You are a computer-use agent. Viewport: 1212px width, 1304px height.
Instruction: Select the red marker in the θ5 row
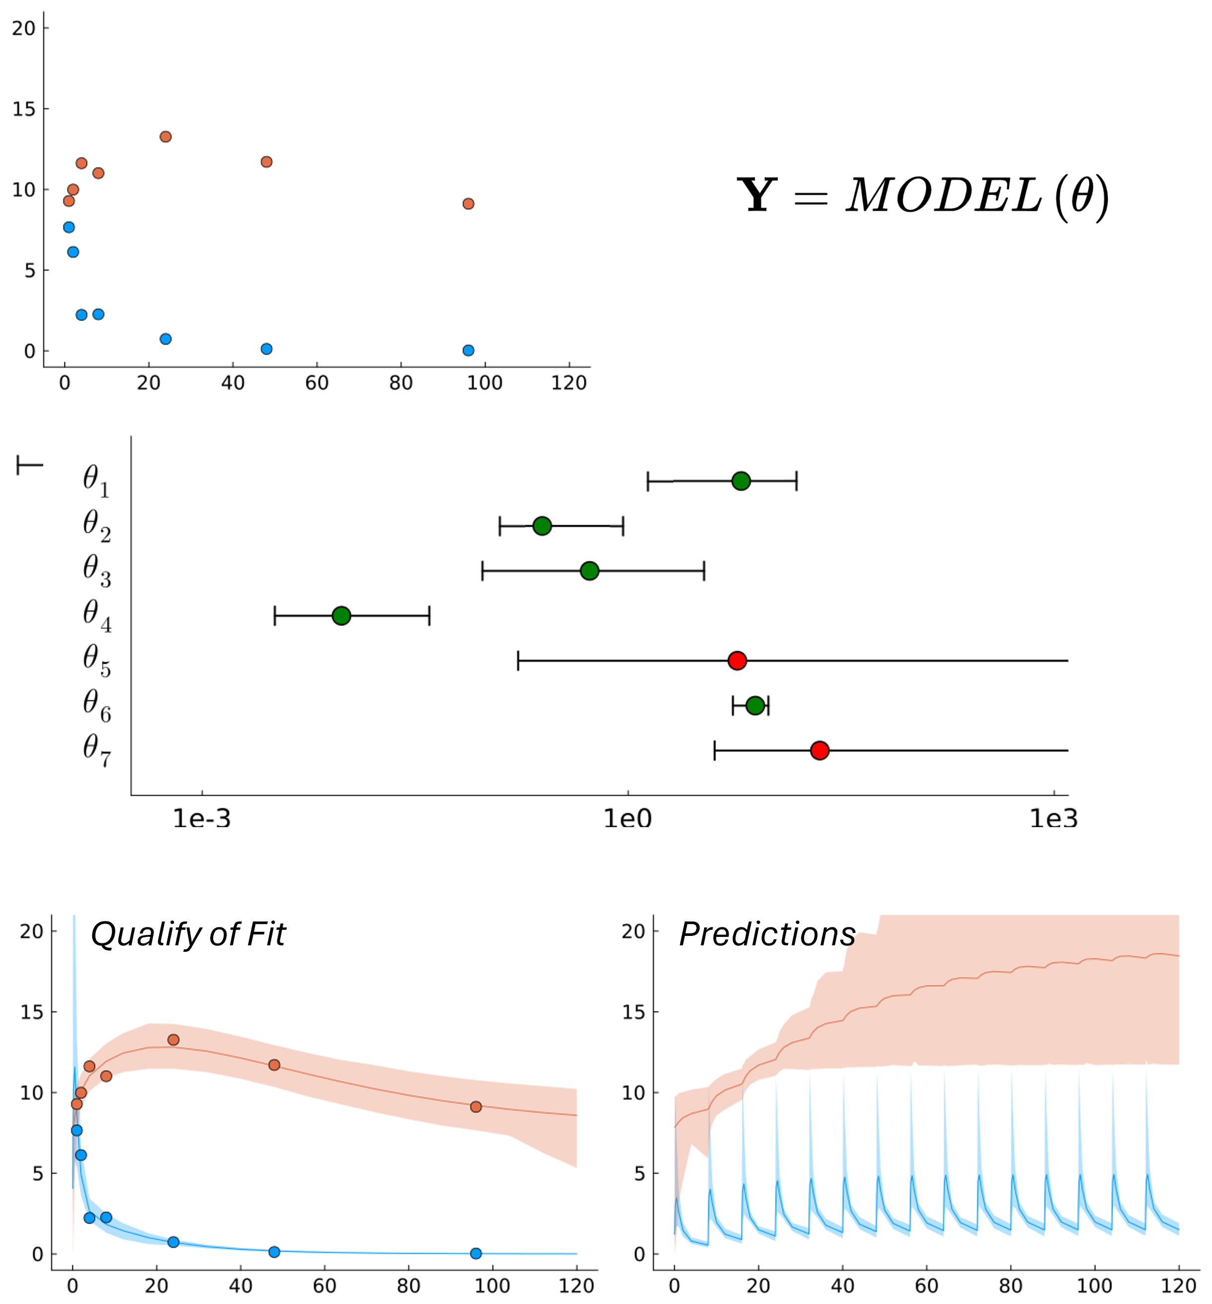click(x=737, y=660)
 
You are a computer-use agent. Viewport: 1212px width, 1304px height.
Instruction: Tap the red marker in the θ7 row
click(x=819, y=750)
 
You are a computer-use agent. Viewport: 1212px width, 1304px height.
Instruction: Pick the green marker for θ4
click(x=341, y=615)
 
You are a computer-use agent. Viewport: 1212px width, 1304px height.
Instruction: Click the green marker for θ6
click(x=755, y=705)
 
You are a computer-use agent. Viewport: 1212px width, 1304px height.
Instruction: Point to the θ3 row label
click(x=96, y=570)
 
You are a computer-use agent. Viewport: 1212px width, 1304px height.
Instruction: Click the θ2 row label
click(x=96, y=526)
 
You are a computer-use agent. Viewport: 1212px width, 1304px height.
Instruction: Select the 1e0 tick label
click(x=628, y=818)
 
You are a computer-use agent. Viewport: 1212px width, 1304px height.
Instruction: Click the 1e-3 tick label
click(x=201, y=818)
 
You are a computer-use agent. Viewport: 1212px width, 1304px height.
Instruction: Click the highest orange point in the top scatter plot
click(x=165, y=137)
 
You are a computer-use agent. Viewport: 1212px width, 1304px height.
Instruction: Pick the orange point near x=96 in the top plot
click(x=468, y=204)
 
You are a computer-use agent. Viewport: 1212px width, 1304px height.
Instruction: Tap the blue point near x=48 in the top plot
click(x=266, y=349)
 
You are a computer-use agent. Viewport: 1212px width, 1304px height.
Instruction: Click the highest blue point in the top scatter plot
click(x=69, y=228)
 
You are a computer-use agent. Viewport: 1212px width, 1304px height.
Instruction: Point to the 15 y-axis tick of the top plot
click(x=24, y=109)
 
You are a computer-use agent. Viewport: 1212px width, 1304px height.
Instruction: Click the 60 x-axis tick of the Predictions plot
click(x=926, y=1285)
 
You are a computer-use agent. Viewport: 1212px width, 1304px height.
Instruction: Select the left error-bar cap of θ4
click(x=275, y=615)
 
